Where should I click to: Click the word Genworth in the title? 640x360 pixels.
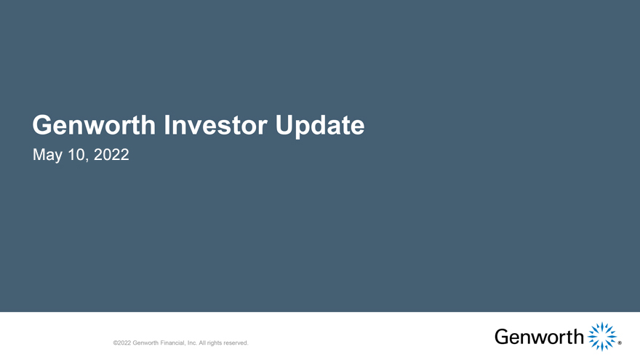click(x=94, y=125)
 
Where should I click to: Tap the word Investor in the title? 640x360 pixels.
click(x=215, y=125)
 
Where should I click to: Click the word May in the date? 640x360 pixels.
click(x=47, y=156)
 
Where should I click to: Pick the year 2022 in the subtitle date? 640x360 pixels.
click(x=111, y=155)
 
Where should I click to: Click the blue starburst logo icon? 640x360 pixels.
click(x=602, y=337)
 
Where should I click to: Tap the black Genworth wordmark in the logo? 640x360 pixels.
click(x=539, y=337)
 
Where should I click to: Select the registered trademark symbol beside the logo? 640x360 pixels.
click(x=620, y=343)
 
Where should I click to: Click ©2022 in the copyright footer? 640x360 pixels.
click(x=122, y=343)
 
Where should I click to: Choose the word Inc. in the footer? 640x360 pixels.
click(x=192, y=343)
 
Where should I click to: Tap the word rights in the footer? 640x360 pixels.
click(x=215, y=343)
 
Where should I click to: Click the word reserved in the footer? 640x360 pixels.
click(x=236, y=343)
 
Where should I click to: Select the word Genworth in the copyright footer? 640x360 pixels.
click(x=145, y=343)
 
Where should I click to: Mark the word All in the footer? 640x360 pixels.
click(x=202, y=343)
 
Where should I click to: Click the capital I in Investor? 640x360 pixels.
click(x=167, y=125)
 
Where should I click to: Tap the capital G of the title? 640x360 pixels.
click(x=42, y=125)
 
